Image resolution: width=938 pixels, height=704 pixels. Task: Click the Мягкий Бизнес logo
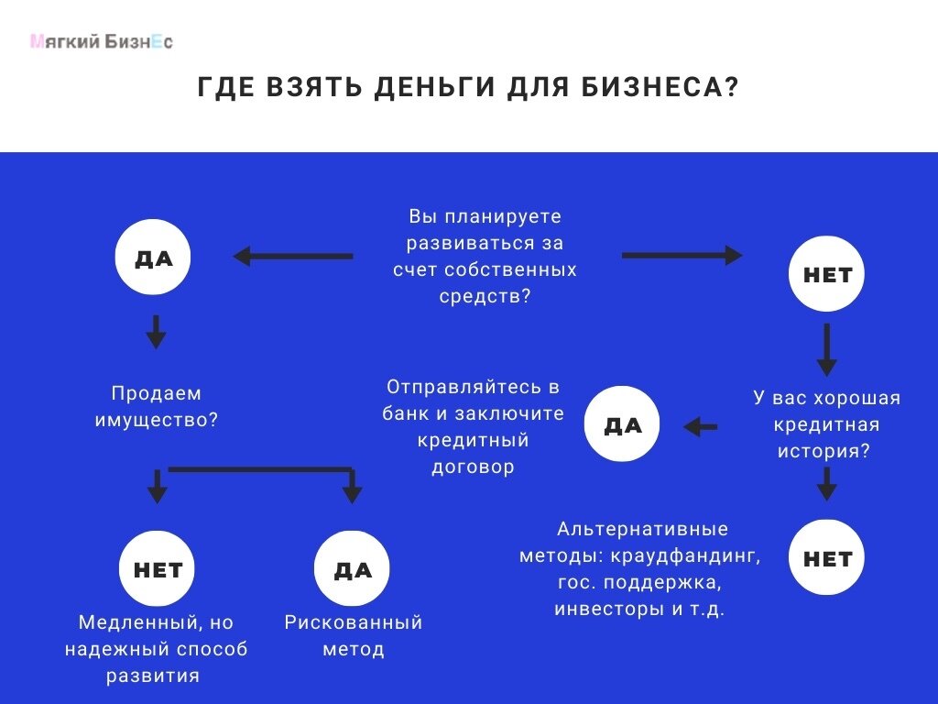(x=101, y=41)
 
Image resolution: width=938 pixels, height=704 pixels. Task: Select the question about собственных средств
(x=485, y=257)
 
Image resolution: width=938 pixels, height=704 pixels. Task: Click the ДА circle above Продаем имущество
(x=154, y=258)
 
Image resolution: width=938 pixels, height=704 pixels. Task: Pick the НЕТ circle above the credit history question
(x=827, y=274)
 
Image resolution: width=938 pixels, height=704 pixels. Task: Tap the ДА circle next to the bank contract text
(x=623, y=425)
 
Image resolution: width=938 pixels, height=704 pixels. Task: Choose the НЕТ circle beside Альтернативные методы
(x=827, y=558)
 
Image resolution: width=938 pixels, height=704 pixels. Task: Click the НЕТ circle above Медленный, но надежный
(x=158, y=569)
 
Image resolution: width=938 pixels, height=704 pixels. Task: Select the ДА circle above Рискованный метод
(x=353, y=569)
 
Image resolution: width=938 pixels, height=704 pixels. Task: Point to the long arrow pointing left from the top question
(x=293, y=257)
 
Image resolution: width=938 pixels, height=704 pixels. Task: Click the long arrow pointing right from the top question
(x=682, y=256)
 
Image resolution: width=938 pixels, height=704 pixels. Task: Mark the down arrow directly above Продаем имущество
(x=156, y=331)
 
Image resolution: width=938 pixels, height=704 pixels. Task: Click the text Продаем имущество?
(x=156, y=406)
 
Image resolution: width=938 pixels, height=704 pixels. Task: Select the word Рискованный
(x=354, y=622)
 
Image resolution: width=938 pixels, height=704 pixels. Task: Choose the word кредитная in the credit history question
(x=826, y=424)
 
